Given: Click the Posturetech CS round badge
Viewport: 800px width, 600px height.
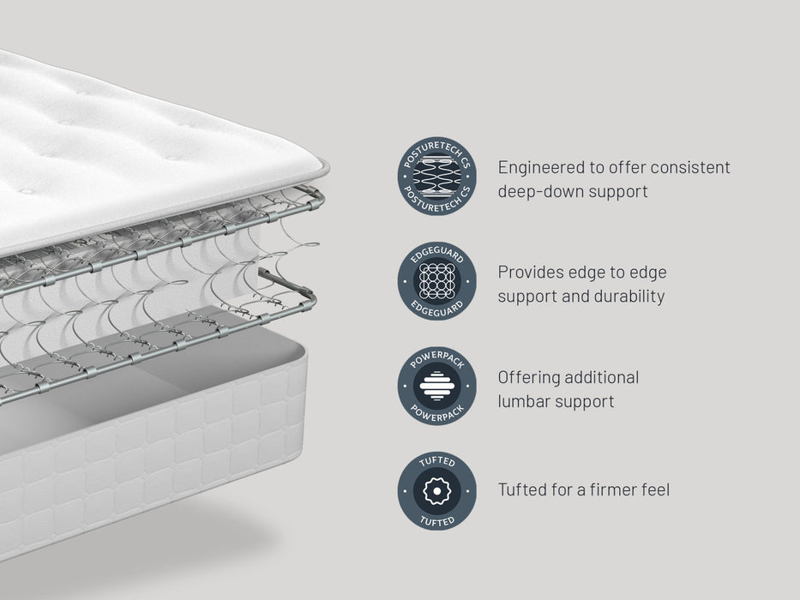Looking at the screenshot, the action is (436, 176).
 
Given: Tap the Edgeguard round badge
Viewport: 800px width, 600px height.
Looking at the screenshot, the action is (436, 281).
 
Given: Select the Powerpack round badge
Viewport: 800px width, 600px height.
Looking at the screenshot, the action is (436, 387).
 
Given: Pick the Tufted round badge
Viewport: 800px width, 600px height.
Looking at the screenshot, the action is (436, 491).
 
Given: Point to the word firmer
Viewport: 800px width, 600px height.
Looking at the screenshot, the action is (611, 489).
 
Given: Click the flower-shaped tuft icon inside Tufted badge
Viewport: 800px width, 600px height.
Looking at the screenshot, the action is (436, 491).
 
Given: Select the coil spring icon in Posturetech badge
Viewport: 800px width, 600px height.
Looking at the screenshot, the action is (436, 176).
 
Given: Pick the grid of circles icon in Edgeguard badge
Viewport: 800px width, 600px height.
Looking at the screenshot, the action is (436, 281).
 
